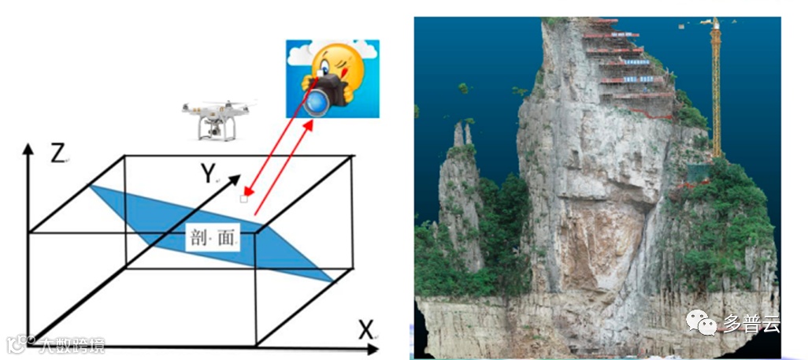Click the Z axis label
[x=57, y=153]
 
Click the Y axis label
[x=208, y=173]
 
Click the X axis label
[x=365, y=331]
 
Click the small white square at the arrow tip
[x=244, y=199]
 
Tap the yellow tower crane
[x=716, y=87]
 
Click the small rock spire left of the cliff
[x=461, y=189]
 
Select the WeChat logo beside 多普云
[x=700, y=321]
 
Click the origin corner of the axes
[x=30, y=340]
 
